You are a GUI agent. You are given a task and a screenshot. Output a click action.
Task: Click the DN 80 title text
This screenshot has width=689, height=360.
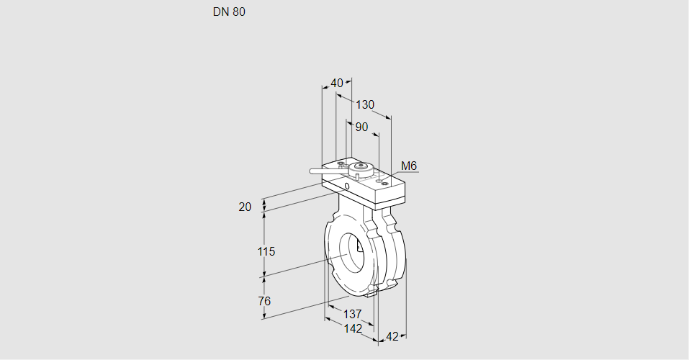[229, 12]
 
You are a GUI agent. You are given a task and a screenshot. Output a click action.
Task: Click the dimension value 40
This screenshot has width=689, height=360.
[337, 83]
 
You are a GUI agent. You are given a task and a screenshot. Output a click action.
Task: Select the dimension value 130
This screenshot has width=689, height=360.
[365, 104]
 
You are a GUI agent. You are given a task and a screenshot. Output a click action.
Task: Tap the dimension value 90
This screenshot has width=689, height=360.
[361, 127]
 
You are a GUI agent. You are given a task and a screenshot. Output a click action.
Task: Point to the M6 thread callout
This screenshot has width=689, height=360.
[408, 166]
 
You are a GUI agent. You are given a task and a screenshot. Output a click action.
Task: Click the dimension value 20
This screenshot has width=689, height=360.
[245, 207]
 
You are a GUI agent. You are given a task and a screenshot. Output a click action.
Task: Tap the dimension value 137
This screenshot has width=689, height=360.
[351, 314]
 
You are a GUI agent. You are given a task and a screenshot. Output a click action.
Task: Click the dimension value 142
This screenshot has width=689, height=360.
[353, 328]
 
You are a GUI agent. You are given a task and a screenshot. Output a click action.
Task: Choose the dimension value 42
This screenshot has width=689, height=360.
[392, 336]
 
